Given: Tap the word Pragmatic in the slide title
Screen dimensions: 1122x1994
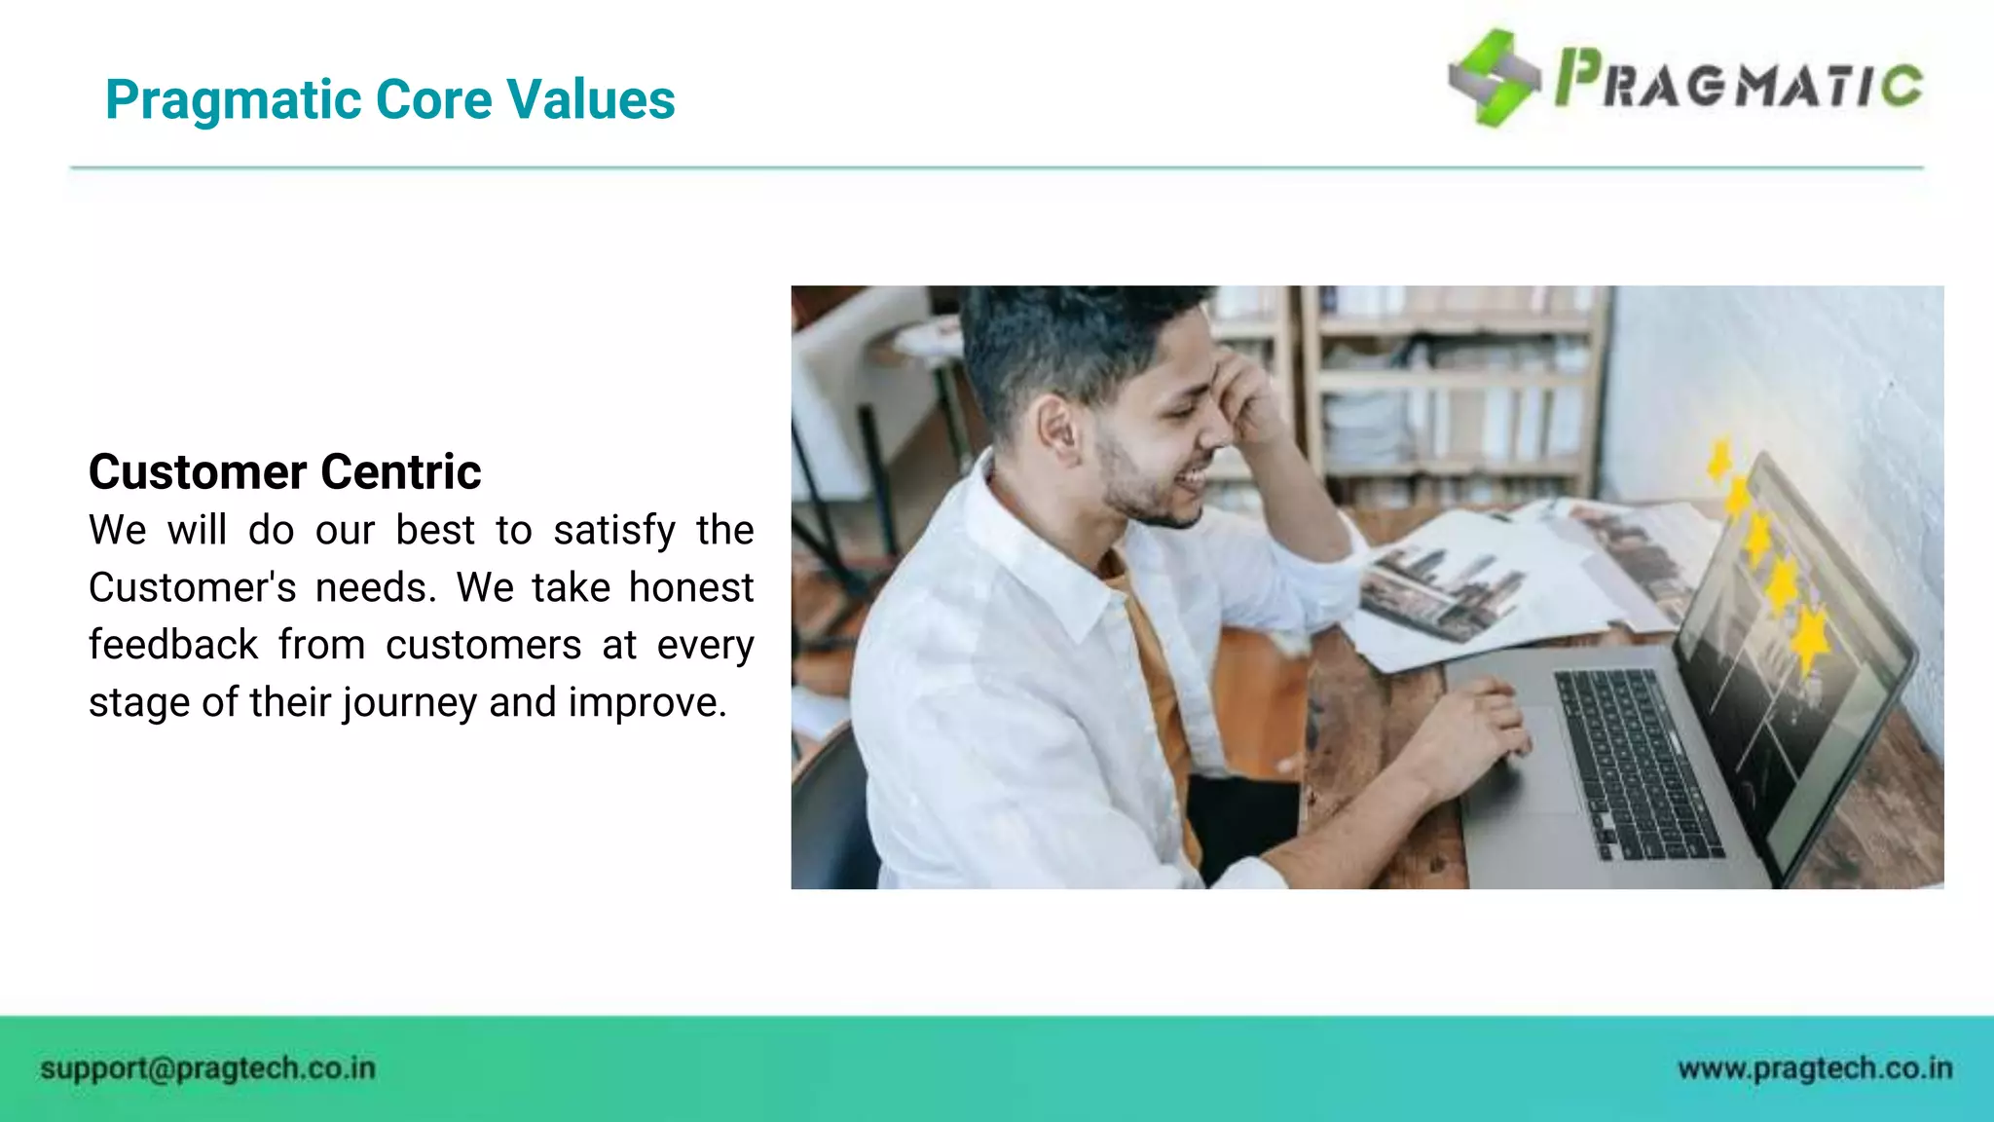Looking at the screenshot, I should pyautogui.click(x=233, y=101).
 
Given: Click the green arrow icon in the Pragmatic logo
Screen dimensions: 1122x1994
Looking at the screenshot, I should pyautogui.click(x=1494, y=78).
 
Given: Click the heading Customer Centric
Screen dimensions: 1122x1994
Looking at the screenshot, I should pyautogui.click(x=284, y=472).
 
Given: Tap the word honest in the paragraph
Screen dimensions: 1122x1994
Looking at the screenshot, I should pyautogui.click(x=690, y=587).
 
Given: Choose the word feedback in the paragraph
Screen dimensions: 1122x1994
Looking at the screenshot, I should pyautogui.click(x=173, y=645).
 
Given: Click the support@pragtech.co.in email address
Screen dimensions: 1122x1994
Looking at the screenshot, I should pyautogui.click(x=207, y=1068).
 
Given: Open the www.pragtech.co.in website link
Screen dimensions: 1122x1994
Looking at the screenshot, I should pyautogui.click(x=1815, y=1068).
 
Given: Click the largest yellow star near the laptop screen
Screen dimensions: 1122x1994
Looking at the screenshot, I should pyautogui.click(x=1809, y=638).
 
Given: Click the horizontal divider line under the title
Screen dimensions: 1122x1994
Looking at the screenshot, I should pyautogui.click(x=997, y=168).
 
